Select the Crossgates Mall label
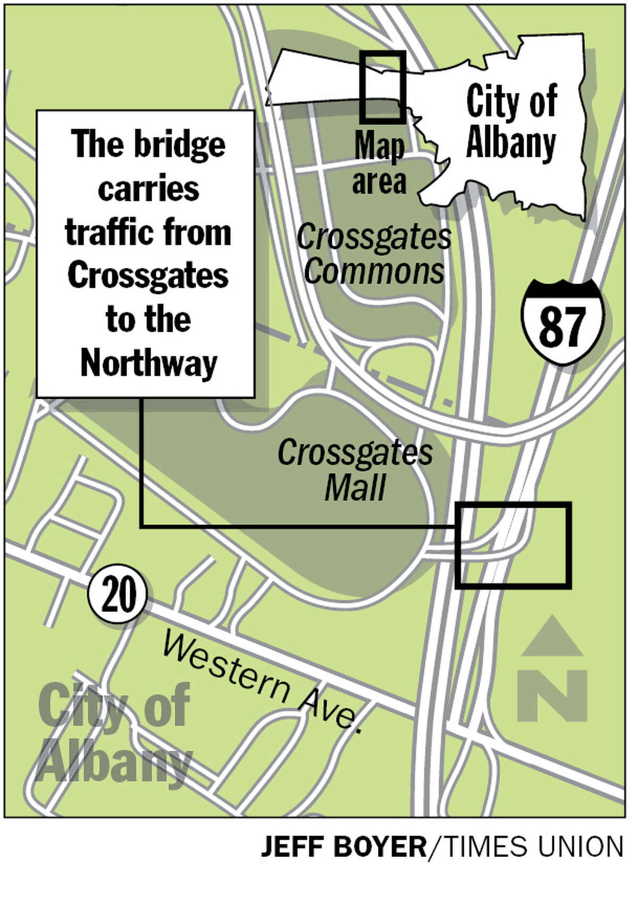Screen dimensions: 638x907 pos(355,470)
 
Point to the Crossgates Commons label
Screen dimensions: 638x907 pos(374,254)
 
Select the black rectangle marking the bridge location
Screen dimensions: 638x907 pos(513,545)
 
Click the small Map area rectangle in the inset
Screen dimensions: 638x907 pos(382,87)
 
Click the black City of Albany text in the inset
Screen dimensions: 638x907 pos(511,122)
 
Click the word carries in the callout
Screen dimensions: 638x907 pos(148,189)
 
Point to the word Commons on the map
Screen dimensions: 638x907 pos(374,271)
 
